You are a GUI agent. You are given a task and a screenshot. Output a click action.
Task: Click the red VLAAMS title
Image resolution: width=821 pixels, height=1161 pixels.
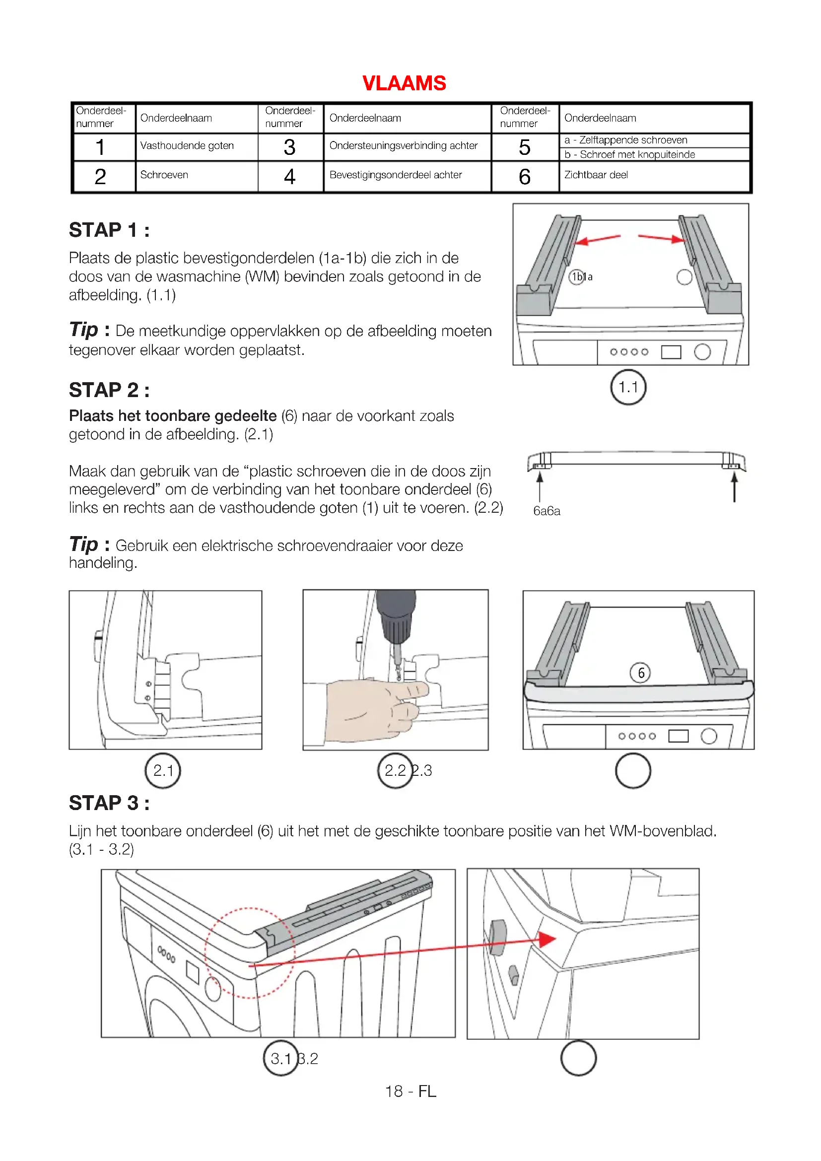[x=404, y=83]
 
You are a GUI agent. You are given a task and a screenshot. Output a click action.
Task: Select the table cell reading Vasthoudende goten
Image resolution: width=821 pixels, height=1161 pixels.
[x=187, y=145]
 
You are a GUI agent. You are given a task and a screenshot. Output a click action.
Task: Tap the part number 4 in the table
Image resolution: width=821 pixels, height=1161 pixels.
[x=289, y=177]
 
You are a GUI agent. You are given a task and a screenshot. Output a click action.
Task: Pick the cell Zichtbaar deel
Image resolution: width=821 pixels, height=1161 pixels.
[x=596, y=175]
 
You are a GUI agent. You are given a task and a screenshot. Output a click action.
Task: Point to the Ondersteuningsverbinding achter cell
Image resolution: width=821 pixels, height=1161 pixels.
[x=403, y=145]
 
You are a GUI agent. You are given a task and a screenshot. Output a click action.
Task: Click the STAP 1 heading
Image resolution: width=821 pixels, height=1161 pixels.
[x=109, y=230]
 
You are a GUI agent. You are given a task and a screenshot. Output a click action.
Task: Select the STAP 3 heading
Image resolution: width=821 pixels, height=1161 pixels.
[x=109, y=803]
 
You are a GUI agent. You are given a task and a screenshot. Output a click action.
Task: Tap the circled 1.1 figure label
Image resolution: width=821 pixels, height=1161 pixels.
[x=628, y=388]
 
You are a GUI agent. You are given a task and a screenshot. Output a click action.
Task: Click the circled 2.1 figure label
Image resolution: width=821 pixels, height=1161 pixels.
[x=163, y=771]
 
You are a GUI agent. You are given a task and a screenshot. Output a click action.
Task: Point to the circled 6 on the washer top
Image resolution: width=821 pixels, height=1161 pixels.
[x=640, y=673]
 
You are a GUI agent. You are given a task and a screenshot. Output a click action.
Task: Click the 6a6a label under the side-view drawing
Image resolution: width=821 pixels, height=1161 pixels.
[x=547, y=511]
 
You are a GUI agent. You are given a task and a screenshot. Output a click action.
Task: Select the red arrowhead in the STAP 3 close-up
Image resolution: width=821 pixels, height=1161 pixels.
[x=547, y=940]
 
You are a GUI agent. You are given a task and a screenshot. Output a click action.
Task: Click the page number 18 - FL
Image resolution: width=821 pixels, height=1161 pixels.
[x=410, y=1091]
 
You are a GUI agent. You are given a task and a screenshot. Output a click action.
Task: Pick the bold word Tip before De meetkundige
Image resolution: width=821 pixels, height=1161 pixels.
[x=83, y=330]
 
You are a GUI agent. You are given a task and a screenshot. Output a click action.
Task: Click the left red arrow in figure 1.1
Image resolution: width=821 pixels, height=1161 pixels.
[x=597, y=239]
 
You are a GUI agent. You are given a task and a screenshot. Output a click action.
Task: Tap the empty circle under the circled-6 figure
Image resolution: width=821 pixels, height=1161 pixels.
[x=633, y=771]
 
